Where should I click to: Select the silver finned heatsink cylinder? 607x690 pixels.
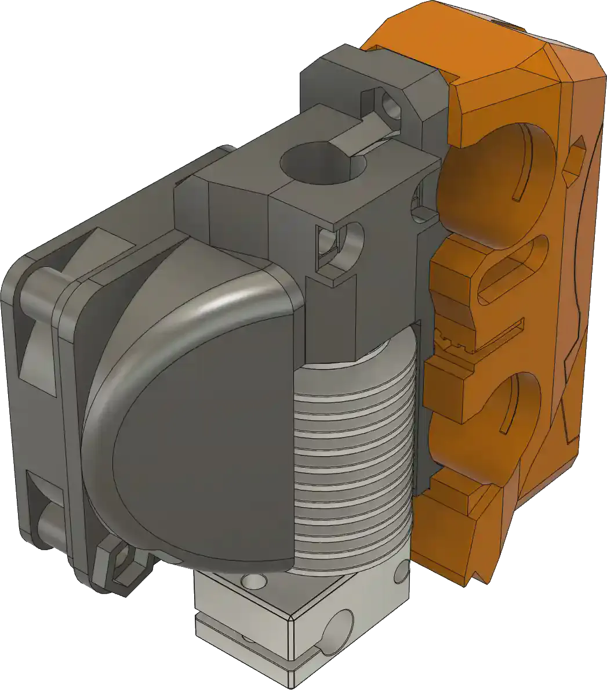click(354, 453)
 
